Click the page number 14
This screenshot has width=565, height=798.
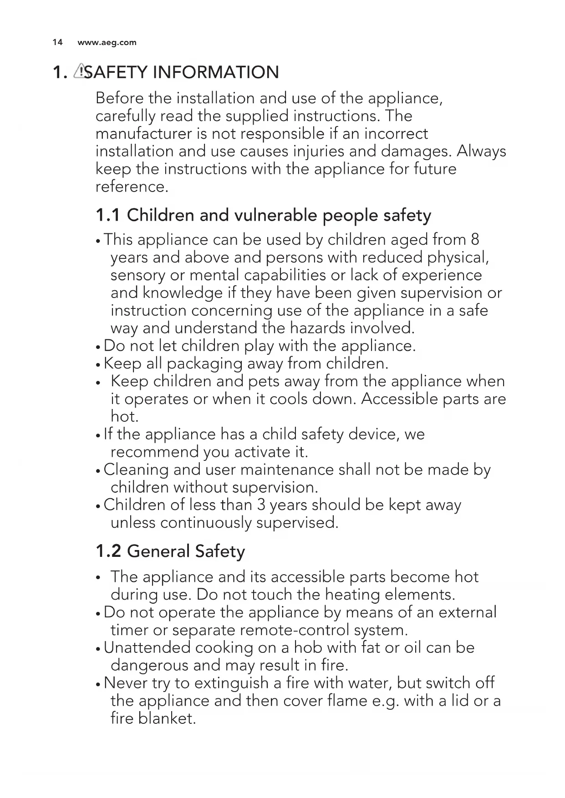pyautogui.click(x=57, y=43)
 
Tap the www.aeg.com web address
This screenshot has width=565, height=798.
pyautogui.click(x=107, y=43)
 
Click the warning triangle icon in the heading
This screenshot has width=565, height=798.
pyautogui.click(x=80, y=71)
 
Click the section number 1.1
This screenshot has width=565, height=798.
pyautogui.click(x=108, y=215)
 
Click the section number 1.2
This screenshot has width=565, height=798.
pyautogui.click(x=108, y=551)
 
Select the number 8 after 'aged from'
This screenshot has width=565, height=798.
pyautogui.click(x=475, y=239)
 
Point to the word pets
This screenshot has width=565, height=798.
pyautogui.click(x=264, y=381)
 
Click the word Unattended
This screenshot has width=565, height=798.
pyautogui.click(x=147, y=647)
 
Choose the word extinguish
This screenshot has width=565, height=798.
pyautogui.click(x=231, y=683)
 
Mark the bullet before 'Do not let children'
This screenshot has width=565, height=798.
pyautogui.click(x=98, y=347)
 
